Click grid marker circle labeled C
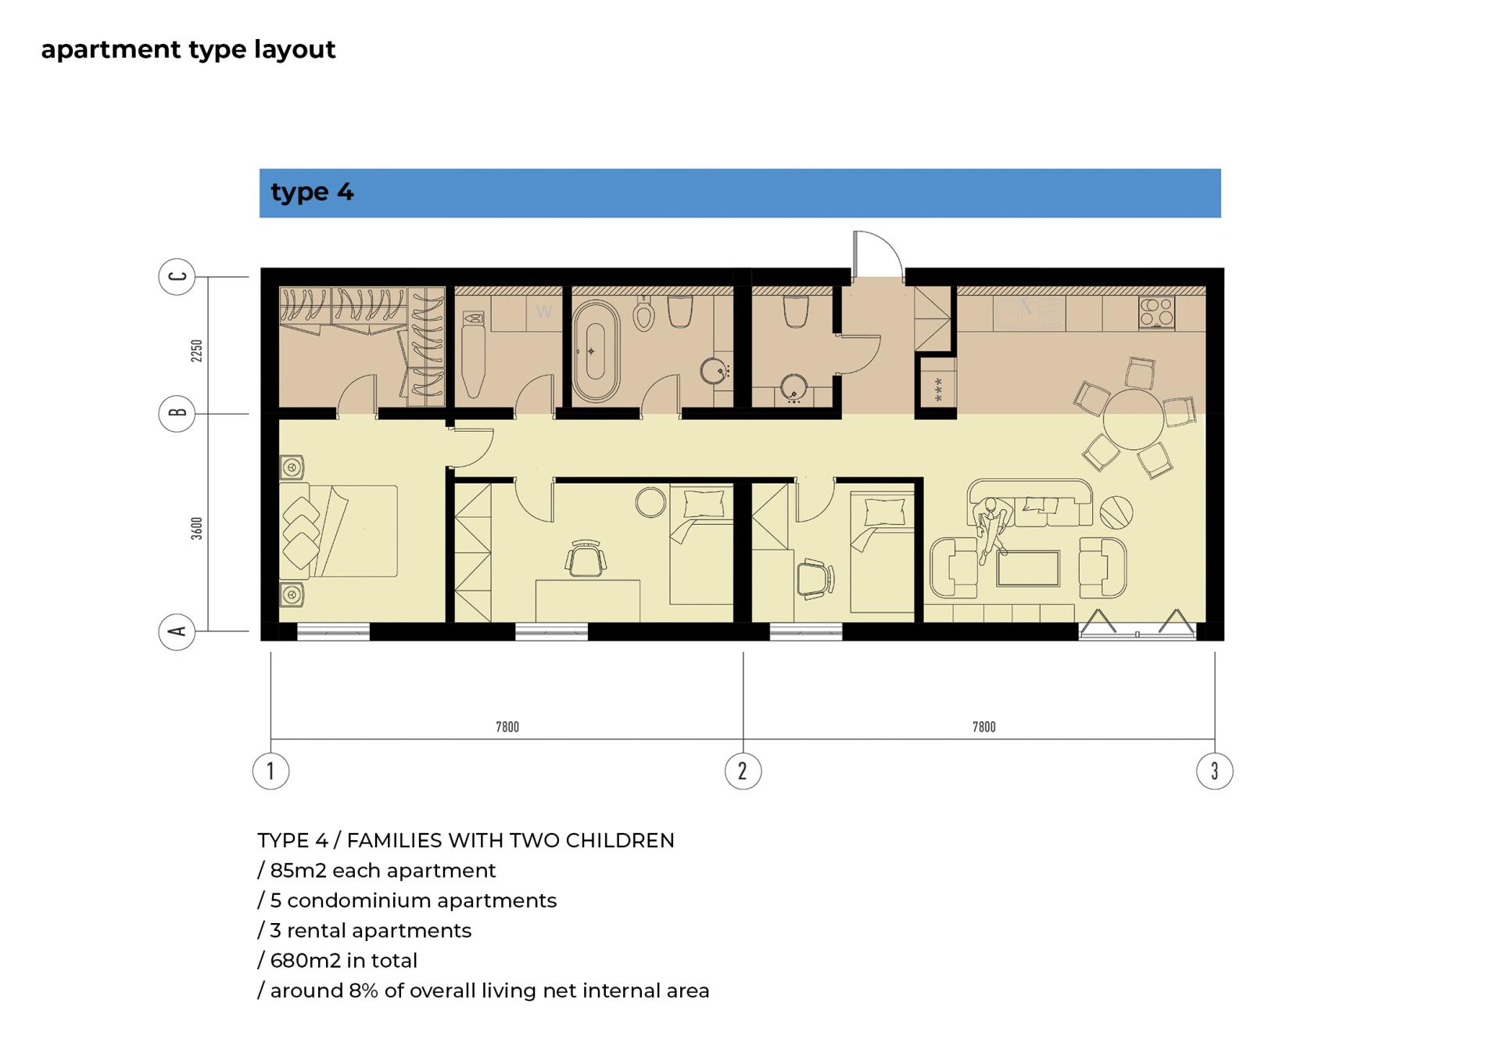pos(177,277)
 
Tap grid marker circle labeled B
pos(177,414)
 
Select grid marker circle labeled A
pos(177,631)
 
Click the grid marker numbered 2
pos(743,771)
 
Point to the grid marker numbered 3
pos(1215,771)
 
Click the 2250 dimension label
pos(197,350)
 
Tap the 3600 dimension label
pos(197,528)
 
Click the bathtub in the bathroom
pos(595,351)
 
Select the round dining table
pos(1134,419)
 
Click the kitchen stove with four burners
pos(1156,313)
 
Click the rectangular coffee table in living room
pos(1028,568)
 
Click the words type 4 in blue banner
pos(312,192)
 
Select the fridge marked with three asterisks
pos(938,387)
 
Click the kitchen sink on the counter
pos(1028,313)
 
